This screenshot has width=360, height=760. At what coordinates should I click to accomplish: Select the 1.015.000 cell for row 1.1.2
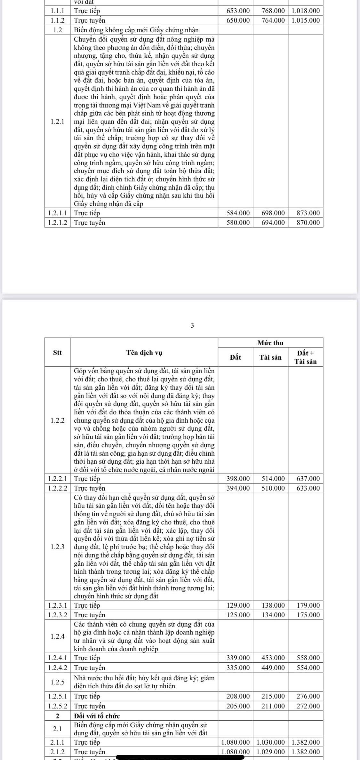tap(305, 20)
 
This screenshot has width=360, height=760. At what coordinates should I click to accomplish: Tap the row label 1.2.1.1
tap(58, 213)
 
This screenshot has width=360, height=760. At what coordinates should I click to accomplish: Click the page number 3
tap(192, 326)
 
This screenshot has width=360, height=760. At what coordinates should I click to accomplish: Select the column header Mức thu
tap(270, 343)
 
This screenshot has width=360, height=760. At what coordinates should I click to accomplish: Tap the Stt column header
tap(57, 353)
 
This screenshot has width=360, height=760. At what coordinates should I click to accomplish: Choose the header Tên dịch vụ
tap(144, 353)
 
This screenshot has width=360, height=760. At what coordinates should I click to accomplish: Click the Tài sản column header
tap(270, 357)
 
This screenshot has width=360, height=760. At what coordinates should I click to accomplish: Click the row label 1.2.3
tap(58, 547)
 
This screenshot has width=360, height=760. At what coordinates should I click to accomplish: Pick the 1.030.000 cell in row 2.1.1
tap(271, 742)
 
